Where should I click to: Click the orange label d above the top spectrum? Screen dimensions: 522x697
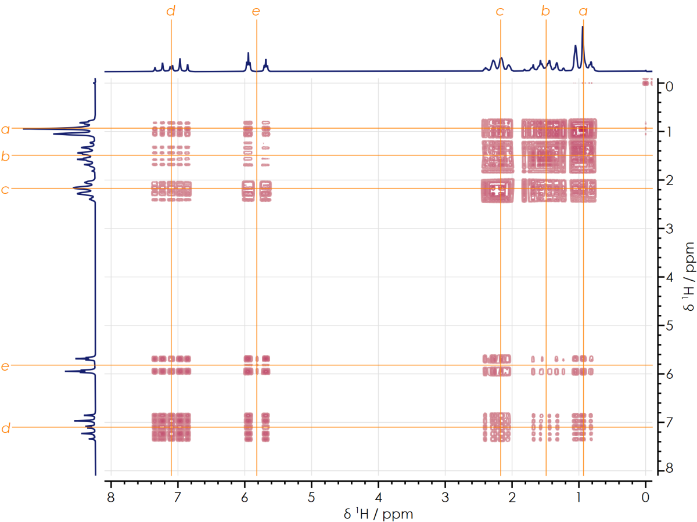(x=171, y=11)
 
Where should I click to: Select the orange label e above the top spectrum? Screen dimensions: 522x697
(x=256, y=11)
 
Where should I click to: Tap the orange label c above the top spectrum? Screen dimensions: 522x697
(x=500, y=11)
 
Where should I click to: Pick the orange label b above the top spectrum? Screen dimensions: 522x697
(x=545, y=11)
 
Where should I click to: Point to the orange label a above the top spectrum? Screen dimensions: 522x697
(x=583, y=11)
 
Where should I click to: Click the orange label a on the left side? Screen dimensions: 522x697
(x=6, y=129)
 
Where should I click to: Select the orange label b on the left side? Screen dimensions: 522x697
(x=6, y=155)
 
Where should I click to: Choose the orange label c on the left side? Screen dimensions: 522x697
(x=6, y=188)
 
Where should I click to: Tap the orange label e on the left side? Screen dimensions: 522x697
(x=6, y=365)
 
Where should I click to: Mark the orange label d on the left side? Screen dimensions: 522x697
(x=6, y=428)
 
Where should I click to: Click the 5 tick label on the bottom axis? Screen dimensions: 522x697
(x=311, y=496)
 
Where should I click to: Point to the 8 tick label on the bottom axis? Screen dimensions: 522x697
(x=111, y=496)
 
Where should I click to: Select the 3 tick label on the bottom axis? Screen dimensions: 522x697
(x=445, y=496)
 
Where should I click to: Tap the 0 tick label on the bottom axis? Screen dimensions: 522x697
(x=645, y=496)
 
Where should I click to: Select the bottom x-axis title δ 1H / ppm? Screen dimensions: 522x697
(x=378, y=513)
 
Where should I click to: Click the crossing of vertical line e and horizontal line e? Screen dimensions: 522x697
(x=257, y=365)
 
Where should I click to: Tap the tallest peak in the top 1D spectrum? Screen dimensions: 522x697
(x=583, y=27)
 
